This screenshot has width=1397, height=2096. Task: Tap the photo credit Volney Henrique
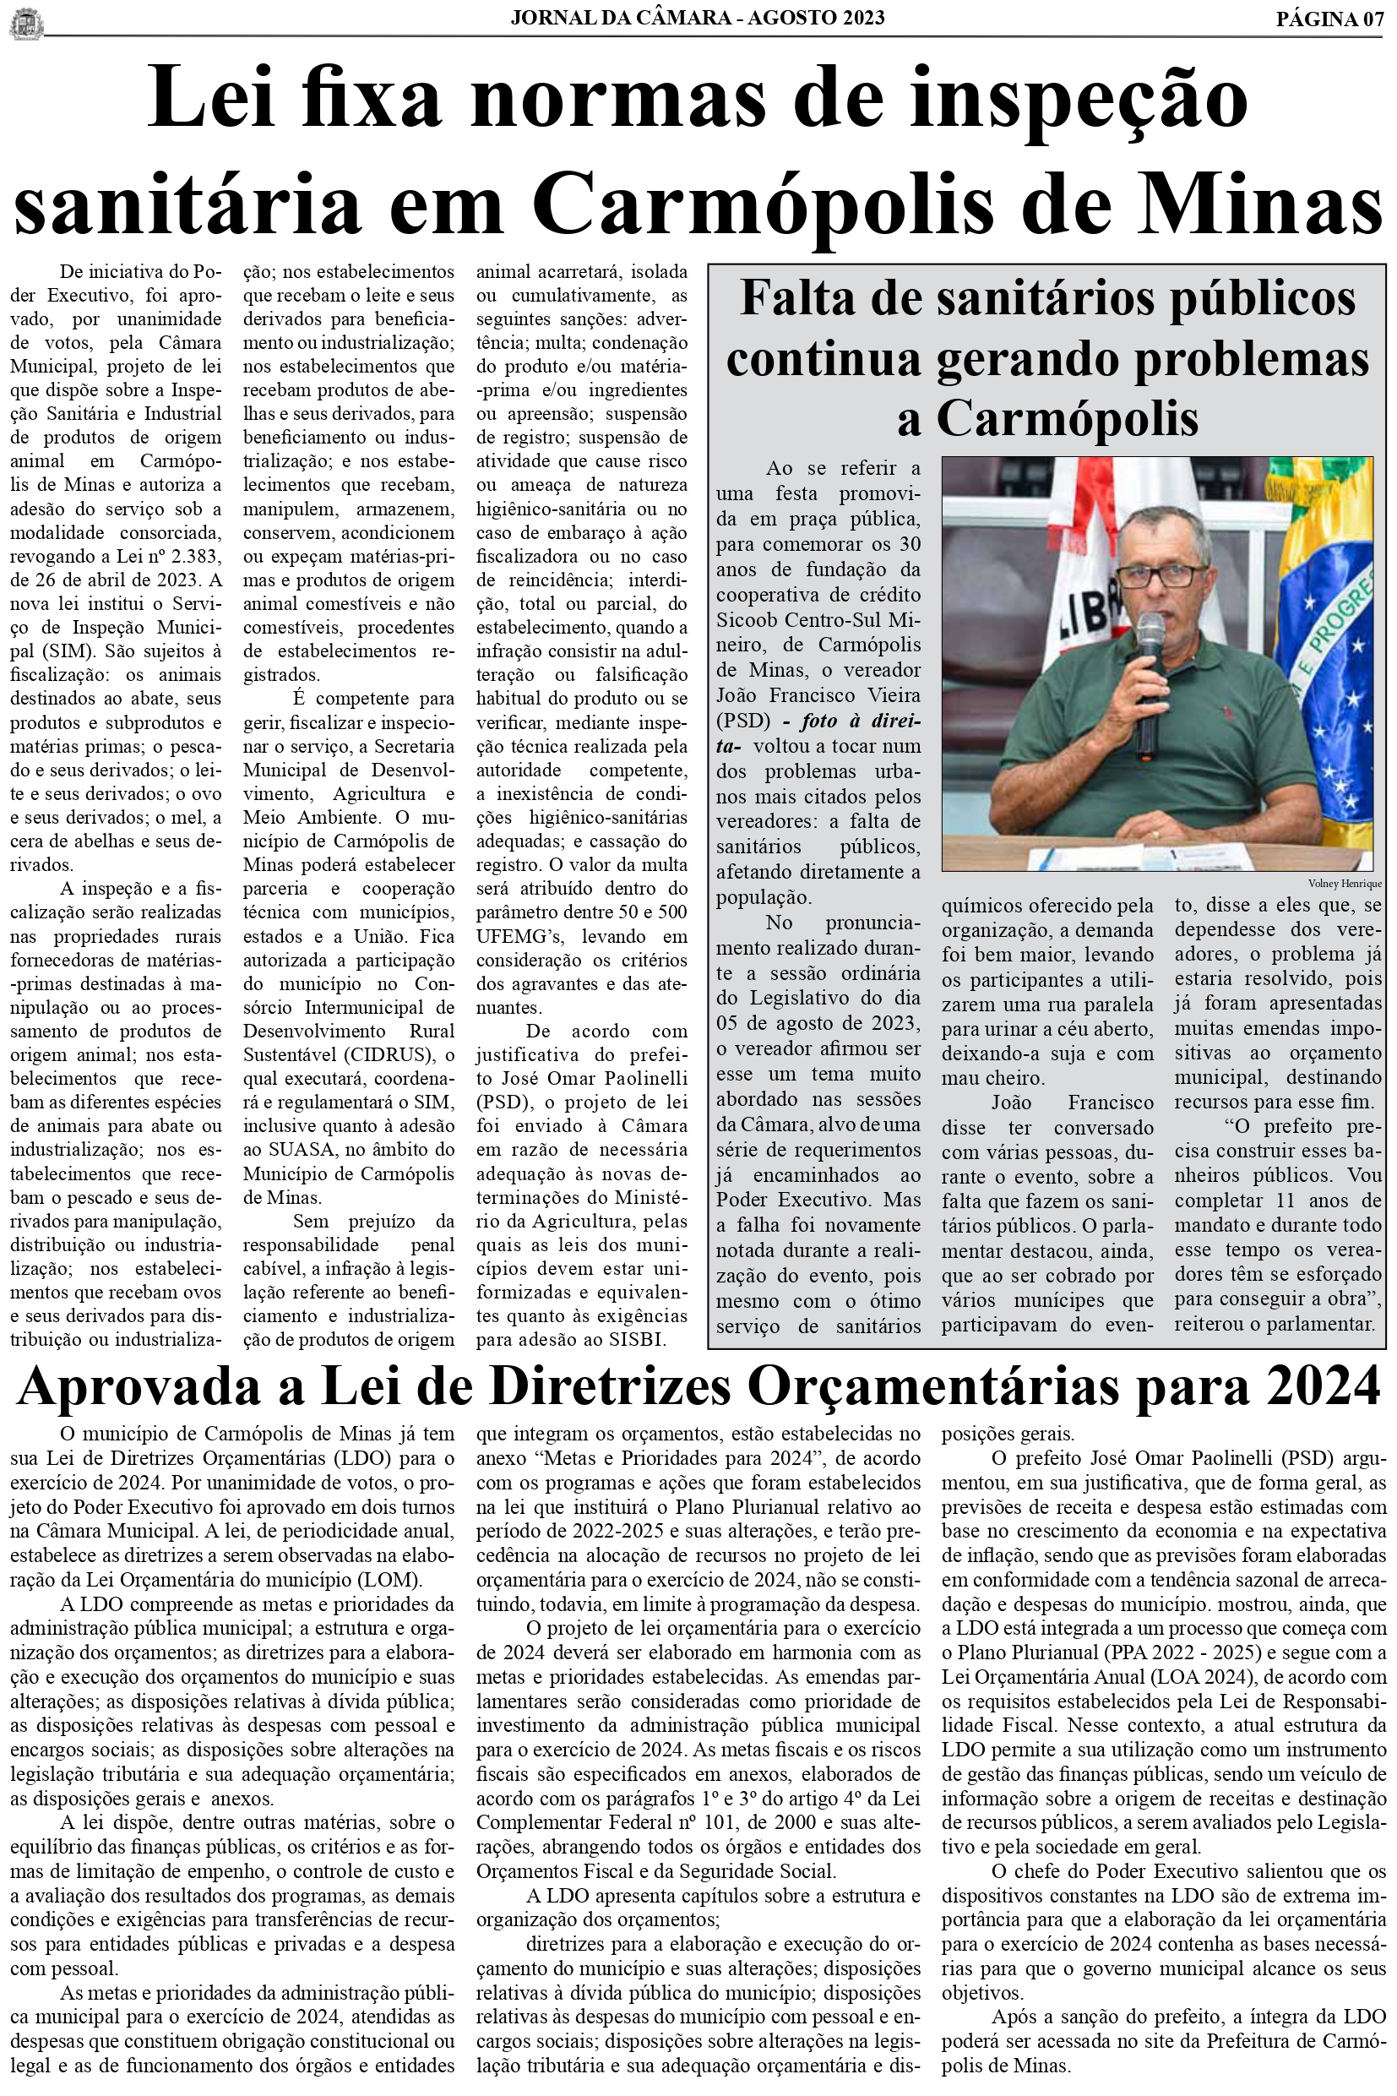1345,883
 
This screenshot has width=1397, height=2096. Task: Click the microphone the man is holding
1150,660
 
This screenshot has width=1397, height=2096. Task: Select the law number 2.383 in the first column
191,556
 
